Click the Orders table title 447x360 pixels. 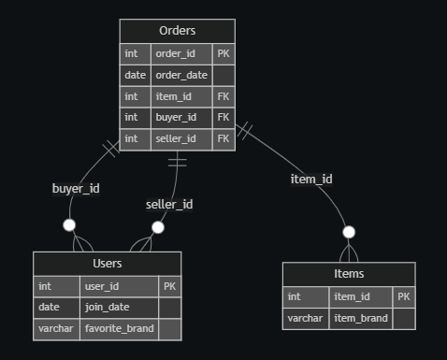point(177,32)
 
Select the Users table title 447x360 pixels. point(108,264)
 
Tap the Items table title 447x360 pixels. point(349,274)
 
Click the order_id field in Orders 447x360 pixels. point(175,53)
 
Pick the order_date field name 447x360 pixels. point(180,75)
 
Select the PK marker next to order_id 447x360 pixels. point(223,53)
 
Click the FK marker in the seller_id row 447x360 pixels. point(223,138)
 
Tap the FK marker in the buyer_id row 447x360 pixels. point(223,117)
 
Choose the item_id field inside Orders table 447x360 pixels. point(174,96)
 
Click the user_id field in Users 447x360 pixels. point(103,285)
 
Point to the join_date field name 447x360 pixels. point(107,307)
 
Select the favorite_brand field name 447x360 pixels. point(119,328)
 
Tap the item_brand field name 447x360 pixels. point(359,318)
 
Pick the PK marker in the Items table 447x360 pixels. point(403,296)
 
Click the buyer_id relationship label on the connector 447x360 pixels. point(76,188)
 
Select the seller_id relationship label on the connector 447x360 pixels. point(169,204)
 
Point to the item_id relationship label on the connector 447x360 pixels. point(311,179)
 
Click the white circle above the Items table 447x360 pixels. point(349,232)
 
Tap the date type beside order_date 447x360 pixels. point(135,75)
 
